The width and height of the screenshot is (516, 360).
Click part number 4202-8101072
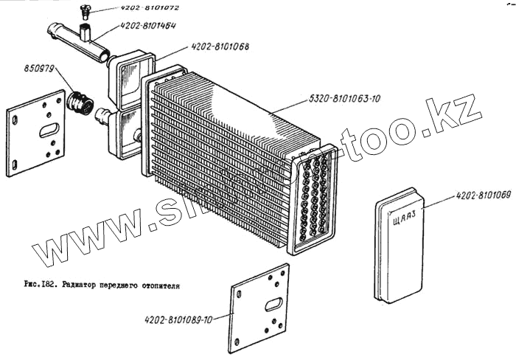[149, 7]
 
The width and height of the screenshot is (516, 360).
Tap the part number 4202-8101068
[220, 46]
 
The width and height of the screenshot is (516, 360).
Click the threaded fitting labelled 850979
[80, 103]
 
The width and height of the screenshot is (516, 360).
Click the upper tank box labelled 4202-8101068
[131, 80]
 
